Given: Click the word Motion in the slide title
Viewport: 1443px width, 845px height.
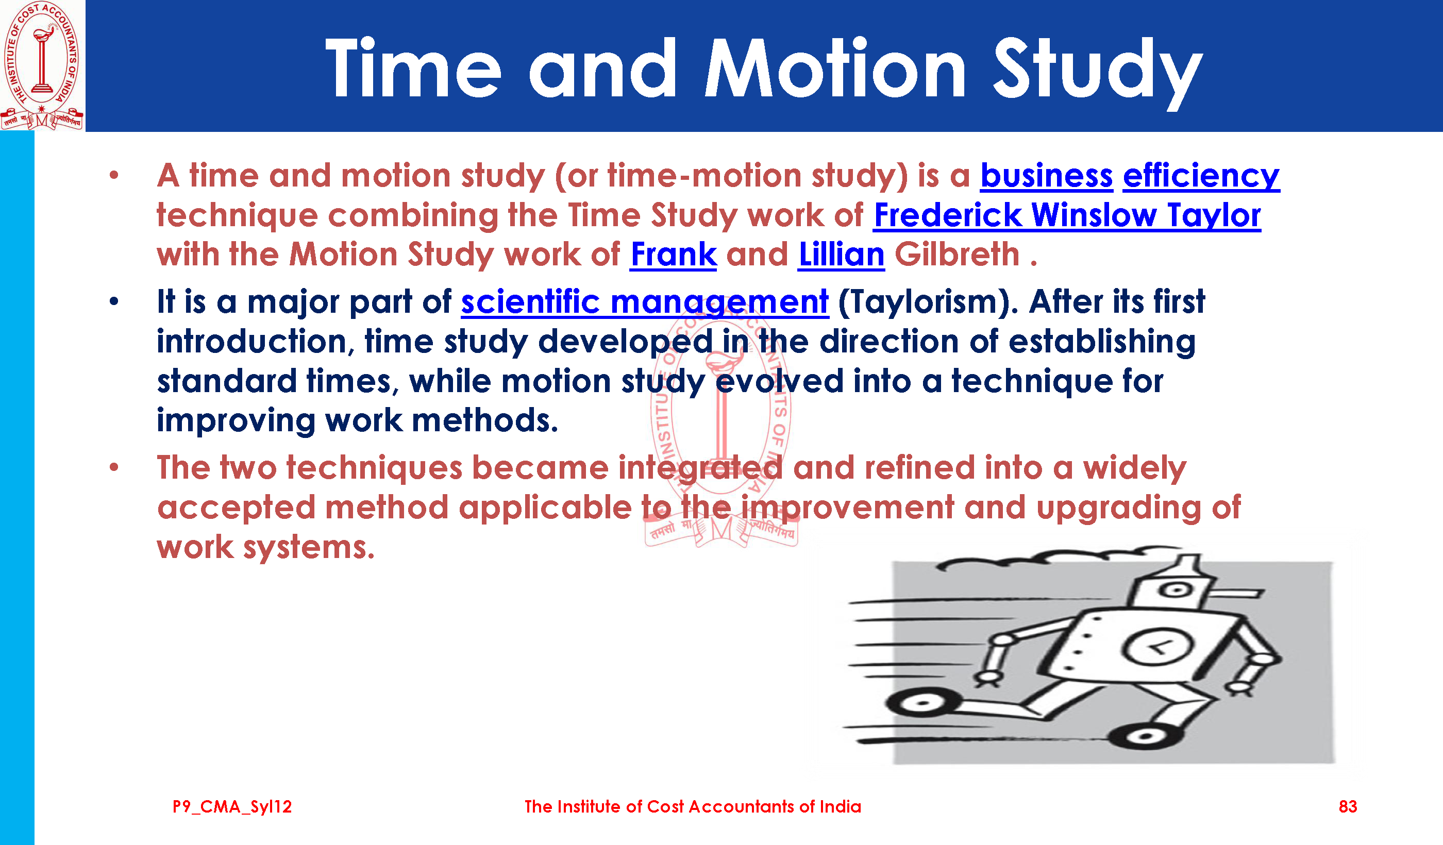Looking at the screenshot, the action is pyautogui.click(x=835, y=69).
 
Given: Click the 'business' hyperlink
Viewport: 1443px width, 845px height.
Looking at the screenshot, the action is pyautogui.click(x=1046, y=176).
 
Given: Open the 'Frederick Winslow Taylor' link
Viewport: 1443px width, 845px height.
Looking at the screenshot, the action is pyautogui.click(x=1067, y=216).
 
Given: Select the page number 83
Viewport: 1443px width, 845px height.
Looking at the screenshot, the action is pyautogui.click(x=1347, y=807).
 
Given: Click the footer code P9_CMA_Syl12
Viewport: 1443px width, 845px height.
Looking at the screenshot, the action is pyautogui.click(x=232, y=807).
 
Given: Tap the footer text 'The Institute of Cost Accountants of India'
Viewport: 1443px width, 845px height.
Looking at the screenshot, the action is pyautogui.click(x=693, y=807).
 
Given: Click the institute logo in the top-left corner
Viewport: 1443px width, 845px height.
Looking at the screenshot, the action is pyautogui.click(x=42, y=66).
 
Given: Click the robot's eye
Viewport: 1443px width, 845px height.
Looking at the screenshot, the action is pyautogui.click(x=1176, y=589).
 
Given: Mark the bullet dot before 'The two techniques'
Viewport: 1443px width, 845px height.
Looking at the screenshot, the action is pyautogui.click(x=114, y=467).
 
